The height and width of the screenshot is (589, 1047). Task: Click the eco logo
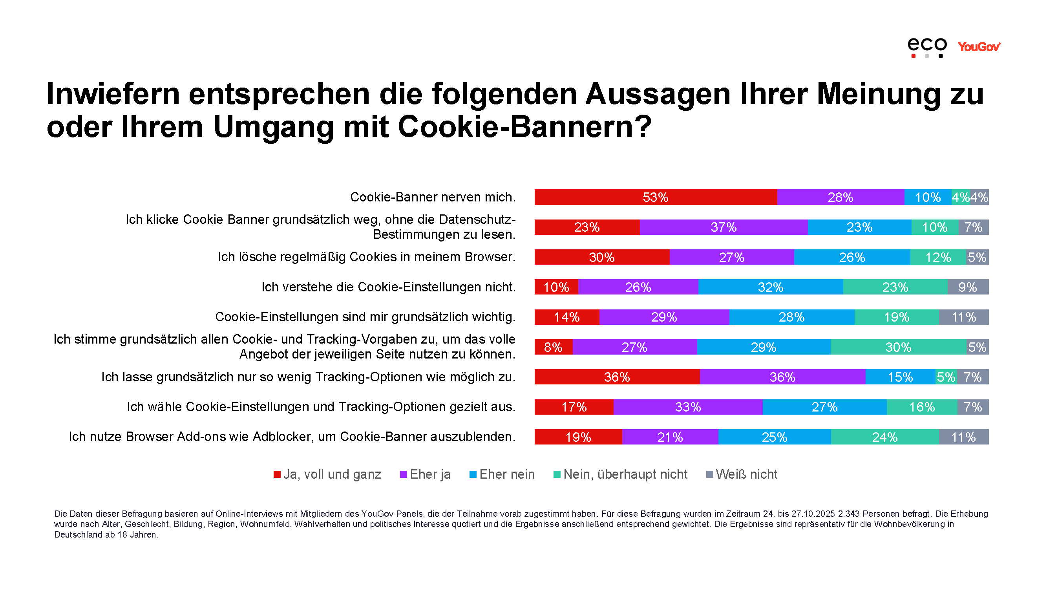coord(927,47)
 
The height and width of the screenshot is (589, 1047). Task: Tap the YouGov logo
coord(978,47)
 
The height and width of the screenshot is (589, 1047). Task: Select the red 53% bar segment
coord(655,197)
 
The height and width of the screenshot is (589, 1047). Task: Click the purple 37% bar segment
coord(724,227)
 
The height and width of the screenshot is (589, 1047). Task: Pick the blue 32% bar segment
coord(770,287)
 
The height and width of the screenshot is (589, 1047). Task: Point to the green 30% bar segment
coord(898,347)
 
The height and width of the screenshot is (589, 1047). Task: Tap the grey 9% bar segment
coord(968,287)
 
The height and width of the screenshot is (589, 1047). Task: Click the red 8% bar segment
coord(553,347)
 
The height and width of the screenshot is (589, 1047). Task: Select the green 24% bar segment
coord(885,437)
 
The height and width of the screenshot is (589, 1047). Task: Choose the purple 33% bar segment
coord(688,407)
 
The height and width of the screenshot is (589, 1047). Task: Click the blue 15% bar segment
coord(900,377)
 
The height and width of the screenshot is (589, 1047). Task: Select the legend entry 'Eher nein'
coord(502,474)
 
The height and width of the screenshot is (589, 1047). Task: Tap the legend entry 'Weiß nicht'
coord(742,474)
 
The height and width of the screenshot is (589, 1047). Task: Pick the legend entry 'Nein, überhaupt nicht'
coord(621,474)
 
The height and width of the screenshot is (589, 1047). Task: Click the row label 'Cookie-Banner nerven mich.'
coord(433,197)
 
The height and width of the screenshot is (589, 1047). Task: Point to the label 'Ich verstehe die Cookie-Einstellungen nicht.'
coord(388,287)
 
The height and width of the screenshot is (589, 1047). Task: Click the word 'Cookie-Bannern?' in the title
coord(525,127)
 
